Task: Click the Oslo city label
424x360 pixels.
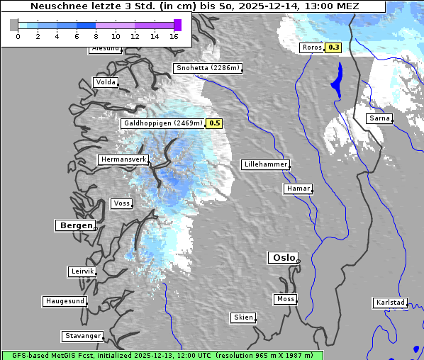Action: (283, 258)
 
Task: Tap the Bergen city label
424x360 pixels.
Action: (74, 225)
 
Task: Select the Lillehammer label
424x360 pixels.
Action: (265, 164)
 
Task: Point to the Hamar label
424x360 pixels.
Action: (297, 189)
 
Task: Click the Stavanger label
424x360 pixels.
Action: (82, 336)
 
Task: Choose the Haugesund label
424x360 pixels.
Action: (65, 301)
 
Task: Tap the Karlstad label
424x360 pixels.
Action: (390, 303)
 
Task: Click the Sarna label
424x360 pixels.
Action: (379, 118)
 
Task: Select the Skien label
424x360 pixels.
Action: (242, 317)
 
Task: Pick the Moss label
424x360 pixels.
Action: (285, 299)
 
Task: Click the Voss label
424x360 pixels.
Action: (121, 203)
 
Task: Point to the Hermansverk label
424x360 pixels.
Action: (123, 159)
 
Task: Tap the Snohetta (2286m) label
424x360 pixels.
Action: (208, 68)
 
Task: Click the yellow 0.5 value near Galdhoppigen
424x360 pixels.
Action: (215, 123)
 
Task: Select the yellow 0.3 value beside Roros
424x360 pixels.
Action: (333, 47)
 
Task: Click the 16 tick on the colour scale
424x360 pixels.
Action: (174, 36)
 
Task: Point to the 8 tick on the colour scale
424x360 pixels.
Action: (96, 36)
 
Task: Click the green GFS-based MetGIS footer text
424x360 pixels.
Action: (162, 355)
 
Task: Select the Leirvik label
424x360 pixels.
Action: (82, 271)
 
